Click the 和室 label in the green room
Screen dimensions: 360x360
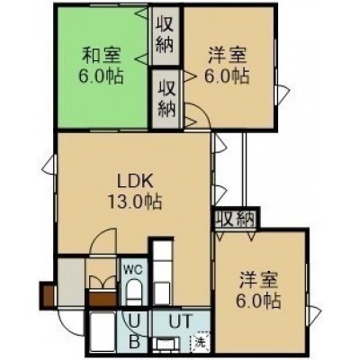tap(102, 56)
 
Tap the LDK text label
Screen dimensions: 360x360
tap(135, 181)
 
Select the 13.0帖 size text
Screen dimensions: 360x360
tap(135, 202)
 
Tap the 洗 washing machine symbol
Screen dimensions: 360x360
tap(200, 342)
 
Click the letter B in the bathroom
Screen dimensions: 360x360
tap(134, 341)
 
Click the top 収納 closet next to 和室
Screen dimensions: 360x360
tap(165, 36)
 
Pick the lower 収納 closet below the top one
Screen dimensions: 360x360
tap(166, 99)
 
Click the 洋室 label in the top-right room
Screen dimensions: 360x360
tap(227, 56)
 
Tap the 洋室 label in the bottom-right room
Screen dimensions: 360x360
tap(258, 280)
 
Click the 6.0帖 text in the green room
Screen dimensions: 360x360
tap(101, 76)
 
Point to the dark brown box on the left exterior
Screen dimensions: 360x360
tap(48, 294)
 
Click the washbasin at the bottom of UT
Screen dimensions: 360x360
tap(166, 345)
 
